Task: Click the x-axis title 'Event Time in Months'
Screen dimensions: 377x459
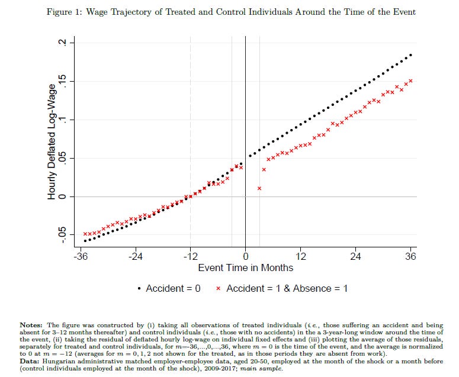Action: (245, 268)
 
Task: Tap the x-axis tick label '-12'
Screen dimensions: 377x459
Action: (190, 256)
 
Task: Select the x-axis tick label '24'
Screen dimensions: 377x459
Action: (355, 256)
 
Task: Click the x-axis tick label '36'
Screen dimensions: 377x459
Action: (410, 256)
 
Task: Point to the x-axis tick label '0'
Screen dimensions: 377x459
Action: (245, 256)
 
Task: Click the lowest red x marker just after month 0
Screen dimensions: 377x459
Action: (259, 188)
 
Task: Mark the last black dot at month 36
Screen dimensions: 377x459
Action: (411, 54)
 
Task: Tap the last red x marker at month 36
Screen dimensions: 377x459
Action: (411, 80)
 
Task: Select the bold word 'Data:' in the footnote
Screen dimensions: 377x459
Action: (31, 355)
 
